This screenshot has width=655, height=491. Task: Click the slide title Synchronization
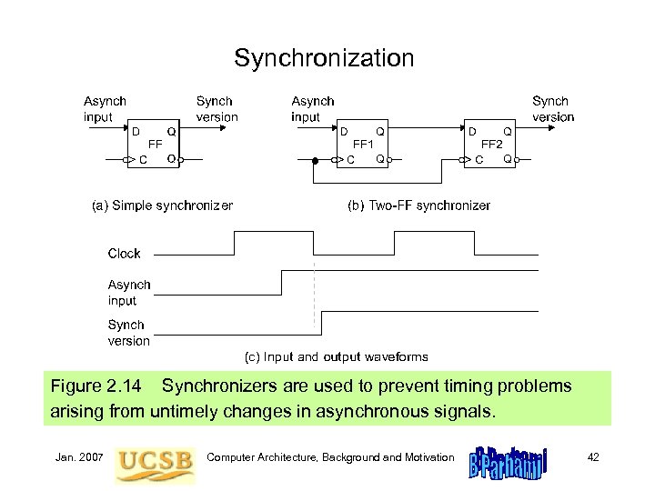pos(324,59)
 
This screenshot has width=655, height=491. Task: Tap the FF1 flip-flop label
pos(364,144)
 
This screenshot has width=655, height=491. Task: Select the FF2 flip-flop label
pos(492,144)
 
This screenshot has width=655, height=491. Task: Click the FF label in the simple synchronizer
pos(156,144)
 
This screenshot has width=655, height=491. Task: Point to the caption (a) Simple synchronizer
pos(162,205)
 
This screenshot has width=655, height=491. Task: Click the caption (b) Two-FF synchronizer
pos(419,205)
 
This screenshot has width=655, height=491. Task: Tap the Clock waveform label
pos(125,254)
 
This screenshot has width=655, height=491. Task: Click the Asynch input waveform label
pos(129,293)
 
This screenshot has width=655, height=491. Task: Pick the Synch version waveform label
pos(129,333)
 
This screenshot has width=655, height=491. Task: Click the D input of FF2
pos(473,132)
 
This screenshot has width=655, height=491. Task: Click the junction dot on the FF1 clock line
pos(314,161)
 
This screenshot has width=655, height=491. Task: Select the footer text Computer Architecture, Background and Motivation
pos(330,456)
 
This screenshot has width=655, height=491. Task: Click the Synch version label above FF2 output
pos(553,109)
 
